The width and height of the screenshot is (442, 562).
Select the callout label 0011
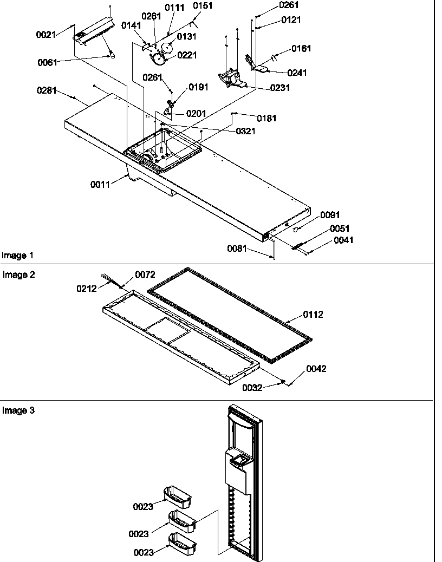click(100, 184)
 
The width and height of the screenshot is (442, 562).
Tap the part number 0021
click(45, 35)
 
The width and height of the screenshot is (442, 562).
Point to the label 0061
click(47, 62)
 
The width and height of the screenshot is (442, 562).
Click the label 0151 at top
click(204, 6)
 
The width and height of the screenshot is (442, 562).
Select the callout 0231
click(281, 88)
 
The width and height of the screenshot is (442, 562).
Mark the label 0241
click(296, 73)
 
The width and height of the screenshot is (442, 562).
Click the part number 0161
click(301, 49)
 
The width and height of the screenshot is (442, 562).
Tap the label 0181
click(266, 118)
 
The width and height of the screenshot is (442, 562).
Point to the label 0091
click(330, 215)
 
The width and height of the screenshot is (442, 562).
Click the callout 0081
click(237, 249)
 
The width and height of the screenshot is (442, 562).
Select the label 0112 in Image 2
click(314, 314)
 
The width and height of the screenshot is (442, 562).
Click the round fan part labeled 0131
click(169, 48)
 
